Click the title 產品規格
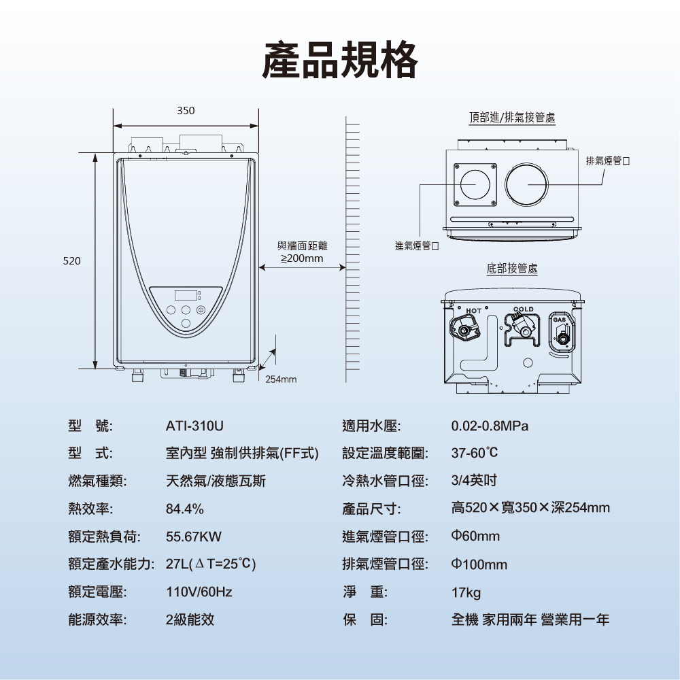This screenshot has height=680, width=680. [340, 60]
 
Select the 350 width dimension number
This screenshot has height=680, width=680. [186, 111]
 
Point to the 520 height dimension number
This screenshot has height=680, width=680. [72, 260]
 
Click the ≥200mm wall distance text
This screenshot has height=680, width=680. [303, 259]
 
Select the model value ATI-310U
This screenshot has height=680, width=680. [194, 426]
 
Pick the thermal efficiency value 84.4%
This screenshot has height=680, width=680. [185, 509]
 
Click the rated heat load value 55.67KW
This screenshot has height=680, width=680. [194, 537]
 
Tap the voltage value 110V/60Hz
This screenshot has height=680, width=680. [199, 592]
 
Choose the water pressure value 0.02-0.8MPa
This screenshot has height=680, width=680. [490, 426]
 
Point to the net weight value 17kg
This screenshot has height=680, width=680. [466, 593]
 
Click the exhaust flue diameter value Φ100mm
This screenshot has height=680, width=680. [479, 565]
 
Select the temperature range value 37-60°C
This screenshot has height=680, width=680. [475, 453]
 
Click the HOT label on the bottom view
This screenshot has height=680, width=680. [474, 311]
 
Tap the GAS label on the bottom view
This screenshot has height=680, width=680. [560, 320]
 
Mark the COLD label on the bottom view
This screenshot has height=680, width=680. [524, 309]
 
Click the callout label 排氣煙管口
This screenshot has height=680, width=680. [608, 160]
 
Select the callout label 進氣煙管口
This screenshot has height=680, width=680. [417, 245]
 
